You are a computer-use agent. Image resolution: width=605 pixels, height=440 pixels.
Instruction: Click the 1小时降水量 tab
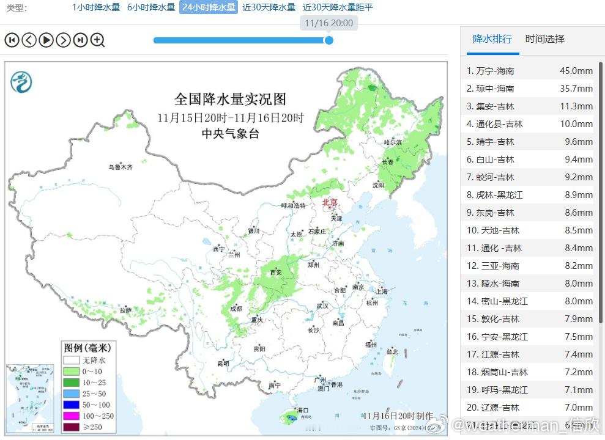(95, 7)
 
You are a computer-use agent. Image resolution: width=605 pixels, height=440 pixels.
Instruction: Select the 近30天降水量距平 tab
(338, 7)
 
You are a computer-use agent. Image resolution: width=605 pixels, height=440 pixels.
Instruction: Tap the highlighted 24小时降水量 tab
(208, 7)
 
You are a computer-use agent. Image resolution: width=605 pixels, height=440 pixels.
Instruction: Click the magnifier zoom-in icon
(98, 40)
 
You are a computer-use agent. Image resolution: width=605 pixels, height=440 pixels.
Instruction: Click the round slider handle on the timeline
(328, 40)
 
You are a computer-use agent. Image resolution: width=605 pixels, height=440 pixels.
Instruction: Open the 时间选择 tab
(544, 39)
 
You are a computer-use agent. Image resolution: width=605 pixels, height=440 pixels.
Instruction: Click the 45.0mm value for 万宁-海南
(576, 71)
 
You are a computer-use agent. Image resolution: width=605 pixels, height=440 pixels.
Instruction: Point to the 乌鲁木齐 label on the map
(121, 166)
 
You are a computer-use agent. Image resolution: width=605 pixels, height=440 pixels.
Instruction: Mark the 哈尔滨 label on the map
(393, 142)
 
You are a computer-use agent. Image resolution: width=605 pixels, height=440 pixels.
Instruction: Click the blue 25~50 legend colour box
(71, 393)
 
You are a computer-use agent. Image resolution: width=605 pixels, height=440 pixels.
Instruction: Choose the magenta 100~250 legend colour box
(71, 416)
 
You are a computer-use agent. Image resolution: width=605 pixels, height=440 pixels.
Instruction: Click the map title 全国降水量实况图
(230, 99)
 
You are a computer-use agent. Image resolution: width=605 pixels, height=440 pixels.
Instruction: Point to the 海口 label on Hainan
(302, 410)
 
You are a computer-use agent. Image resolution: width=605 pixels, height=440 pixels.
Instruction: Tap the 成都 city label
(236, 308)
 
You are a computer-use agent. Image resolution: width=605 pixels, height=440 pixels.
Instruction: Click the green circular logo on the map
(21, 81)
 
